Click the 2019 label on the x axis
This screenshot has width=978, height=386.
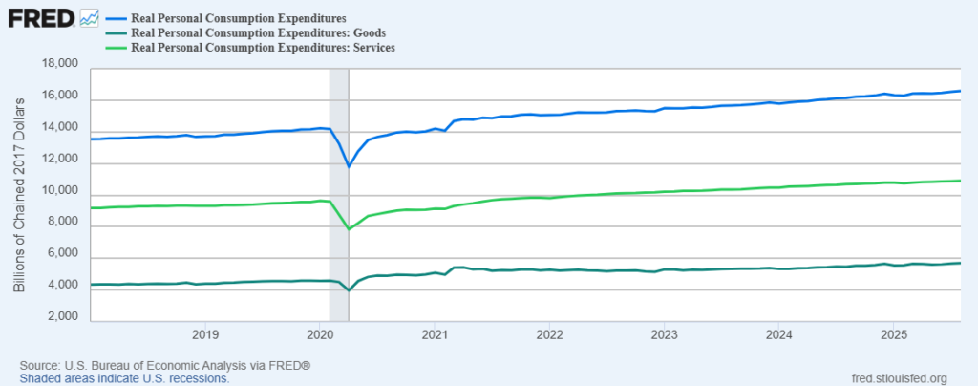click(205, 334)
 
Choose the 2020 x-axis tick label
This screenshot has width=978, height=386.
click(320, 334)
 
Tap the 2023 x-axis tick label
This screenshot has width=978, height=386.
click(664, 334)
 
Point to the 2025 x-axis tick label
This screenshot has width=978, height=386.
click(893, 334)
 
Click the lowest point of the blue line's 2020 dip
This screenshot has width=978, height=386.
click(349, 167)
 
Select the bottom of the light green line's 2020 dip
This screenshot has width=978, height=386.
click(349, 229)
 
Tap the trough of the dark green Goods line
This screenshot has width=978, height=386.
click(349, 290)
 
